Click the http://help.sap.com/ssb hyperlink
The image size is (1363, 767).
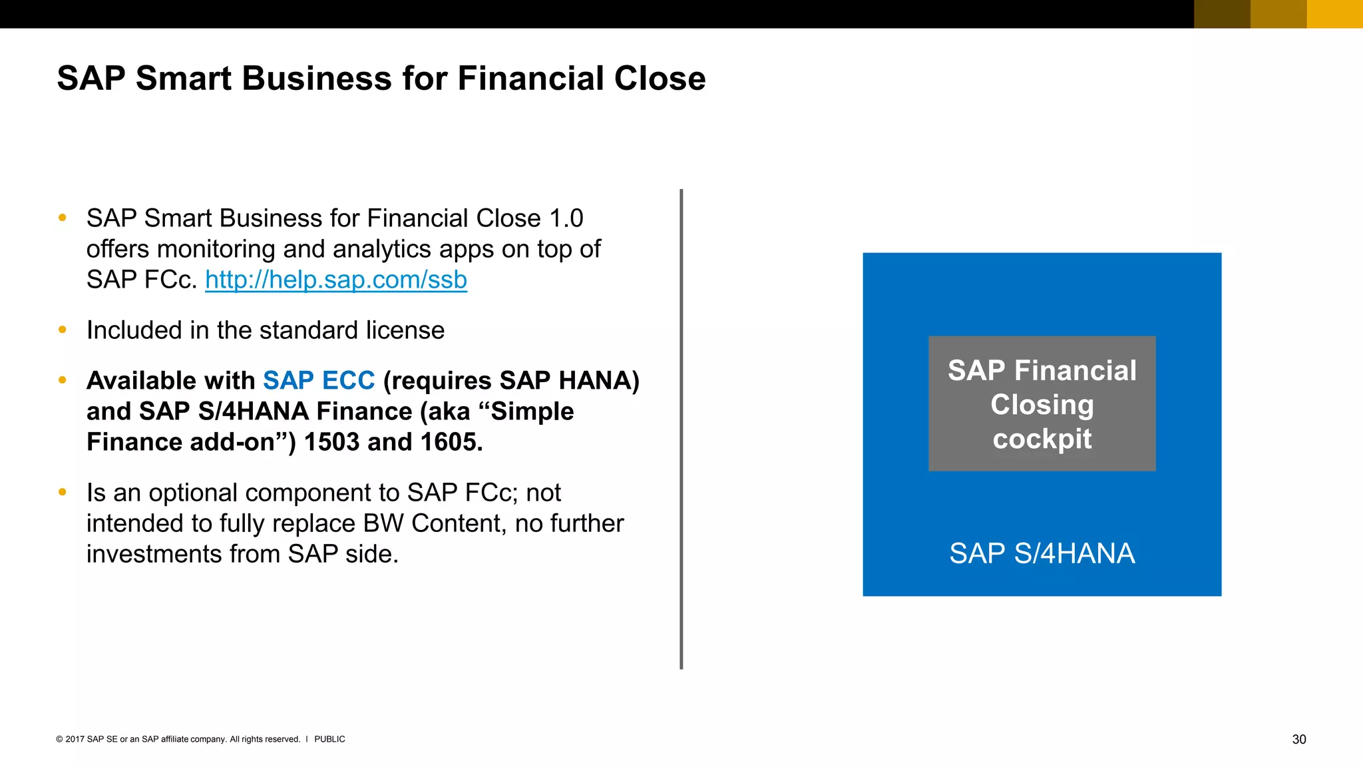pos(335,280)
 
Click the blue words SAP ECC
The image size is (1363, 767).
pos(319,381)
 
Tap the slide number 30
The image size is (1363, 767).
pos(1298,739)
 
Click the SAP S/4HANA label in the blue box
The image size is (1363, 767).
pos(1042,554)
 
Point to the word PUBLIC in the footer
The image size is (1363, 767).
pos(329,739)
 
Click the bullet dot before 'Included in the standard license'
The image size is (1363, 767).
pos(63,330)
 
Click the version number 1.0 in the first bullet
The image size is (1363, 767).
pos(566,218)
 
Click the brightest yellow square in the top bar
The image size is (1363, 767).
pos(1334,14)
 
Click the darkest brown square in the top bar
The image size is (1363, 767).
pos(1222,14)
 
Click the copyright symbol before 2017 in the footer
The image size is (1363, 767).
pos(59,739)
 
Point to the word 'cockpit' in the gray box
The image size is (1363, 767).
pos(1042,439)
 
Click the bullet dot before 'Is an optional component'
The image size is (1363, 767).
pos(63,492)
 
